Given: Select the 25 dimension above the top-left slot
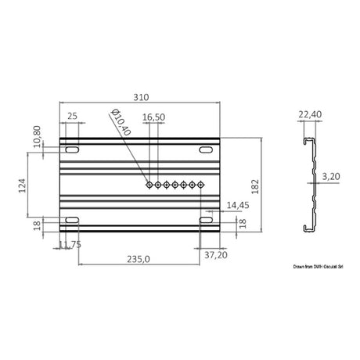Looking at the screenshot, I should pyautogui.click(x=71, y=116).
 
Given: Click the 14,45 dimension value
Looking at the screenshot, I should pyautogui.click(x=236, y=205).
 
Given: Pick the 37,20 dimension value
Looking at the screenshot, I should pyautogui.click(x=215, y=254).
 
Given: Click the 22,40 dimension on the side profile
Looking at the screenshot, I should pyautogui.click(x=308, y=114).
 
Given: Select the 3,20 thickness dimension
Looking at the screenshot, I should pyautogui.click(x=332, y=177).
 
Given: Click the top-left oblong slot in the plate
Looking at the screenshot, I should pyautogui.click(x=71, y=149).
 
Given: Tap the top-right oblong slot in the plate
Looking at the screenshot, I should pyautogui.click(x=208, y=149).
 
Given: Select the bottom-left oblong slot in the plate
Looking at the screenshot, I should pyautogui.click(x=71, y=222).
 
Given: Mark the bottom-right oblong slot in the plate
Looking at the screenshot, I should pyautogui.click(x=208, y=222).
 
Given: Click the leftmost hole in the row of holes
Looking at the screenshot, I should pyautogui.click(x=149, y=185).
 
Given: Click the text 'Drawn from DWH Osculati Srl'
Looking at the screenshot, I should pyautogui.click(x=319, y=267).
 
